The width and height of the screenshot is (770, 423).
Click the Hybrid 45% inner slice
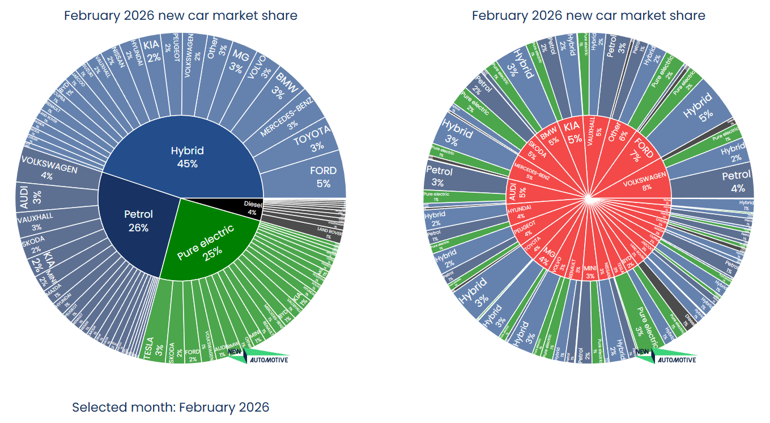pyautogui.click(x=187, y=157)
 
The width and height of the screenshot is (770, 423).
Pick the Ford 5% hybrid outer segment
pyautogui.click(x=323, y=176)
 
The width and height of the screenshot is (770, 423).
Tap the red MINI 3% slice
pyautogui.click(x=590, y=271)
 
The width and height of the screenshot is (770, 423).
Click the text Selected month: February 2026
pyautogui.click(x=171, y=407)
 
